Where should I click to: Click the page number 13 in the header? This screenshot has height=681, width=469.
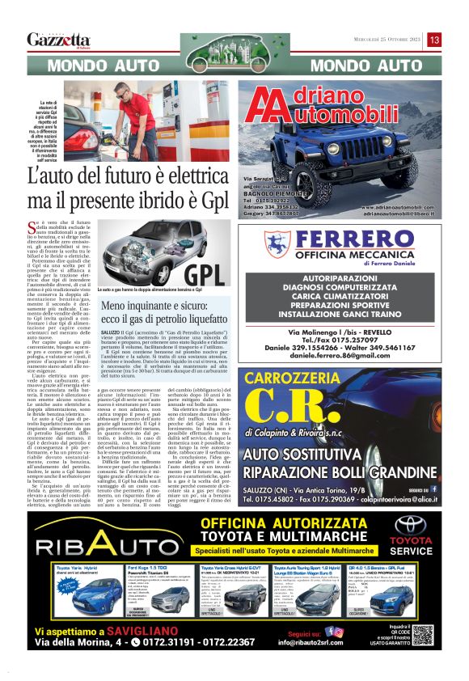(435, 40)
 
